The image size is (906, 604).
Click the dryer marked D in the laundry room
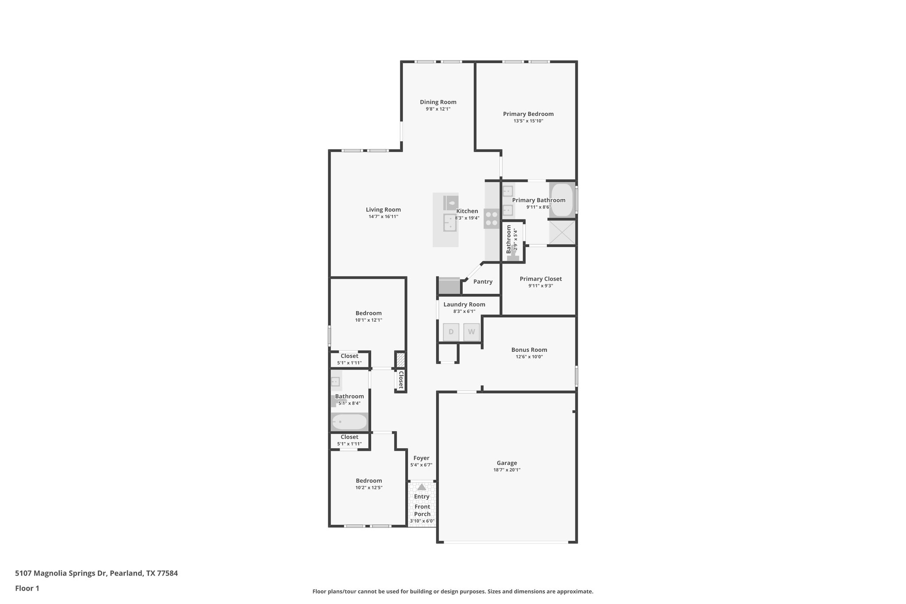coord(451,332)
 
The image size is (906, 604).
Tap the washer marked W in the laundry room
coord(472,332)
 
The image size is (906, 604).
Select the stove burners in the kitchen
coord(491,219)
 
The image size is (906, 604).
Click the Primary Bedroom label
coord(528,114)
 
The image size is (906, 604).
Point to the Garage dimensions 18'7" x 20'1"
coord(507,470)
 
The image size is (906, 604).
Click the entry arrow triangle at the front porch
coord(422,487)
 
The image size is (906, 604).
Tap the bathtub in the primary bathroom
coord(562,200)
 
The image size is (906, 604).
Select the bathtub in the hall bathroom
coord(349,422)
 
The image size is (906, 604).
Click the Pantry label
coord(483,281)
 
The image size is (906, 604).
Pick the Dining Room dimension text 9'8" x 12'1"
coord(438,109)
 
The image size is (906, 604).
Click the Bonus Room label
coord(529,350)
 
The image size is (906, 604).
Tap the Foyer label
coord(421,458)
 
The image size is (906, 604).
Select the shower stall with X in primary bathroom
coord(562,232)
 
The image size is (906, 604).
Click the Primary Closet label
coord(541,279)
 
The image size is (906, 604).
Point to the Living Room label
coord(383,210)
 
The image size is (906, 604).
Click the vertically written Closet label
coord(401,380)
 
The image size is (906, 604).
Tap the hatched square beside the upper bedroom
coord(400,359)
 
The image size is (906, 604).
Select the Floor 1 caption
coord(27,588)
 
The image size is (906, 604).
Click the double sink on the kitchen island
coord(450,223)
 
